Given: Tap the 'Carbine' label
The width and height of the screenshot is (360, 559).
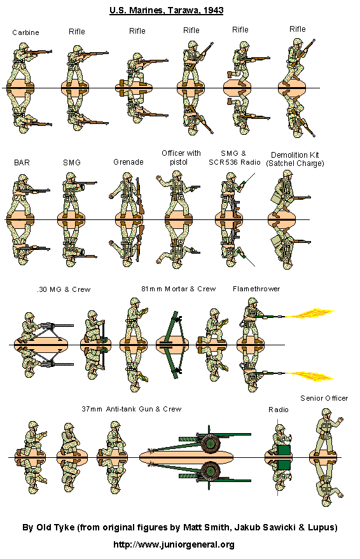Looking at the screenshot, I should point(25,32).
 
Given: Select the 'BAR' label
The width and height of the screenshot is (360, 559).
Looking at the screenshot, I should point(21,162).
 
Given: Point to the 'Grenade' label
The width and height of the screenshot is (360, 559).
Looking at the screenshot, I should point(128,162).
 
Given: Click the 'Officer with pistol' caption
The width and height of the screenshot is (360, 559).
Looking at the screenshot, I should point(181,157).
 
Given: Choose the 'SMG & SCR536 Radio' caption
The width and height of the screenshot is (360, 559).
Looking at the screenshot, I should point(236,158).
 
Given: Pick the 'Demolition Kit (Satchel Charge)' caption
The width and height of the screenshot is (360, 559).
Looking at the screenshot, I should point(294,159).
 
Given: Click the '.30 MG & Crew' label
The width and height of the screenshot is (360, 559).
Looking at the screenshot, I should point(63,289).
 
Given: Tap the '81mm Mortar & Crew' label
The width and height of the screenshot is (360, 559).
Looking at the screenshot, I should point(178,289).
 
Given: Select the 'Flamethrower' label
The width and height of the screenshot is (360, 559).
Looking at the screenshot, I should point(256,289).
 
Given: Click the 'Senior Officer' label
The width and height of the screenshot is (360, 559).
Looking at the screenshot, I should point(324,398).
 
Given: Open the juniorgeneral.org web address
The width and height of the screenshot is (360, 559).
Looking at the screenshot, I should point(174,544).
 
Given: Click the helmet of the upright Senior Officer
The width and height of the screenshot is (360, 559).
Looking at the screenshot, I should point(324,413).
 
